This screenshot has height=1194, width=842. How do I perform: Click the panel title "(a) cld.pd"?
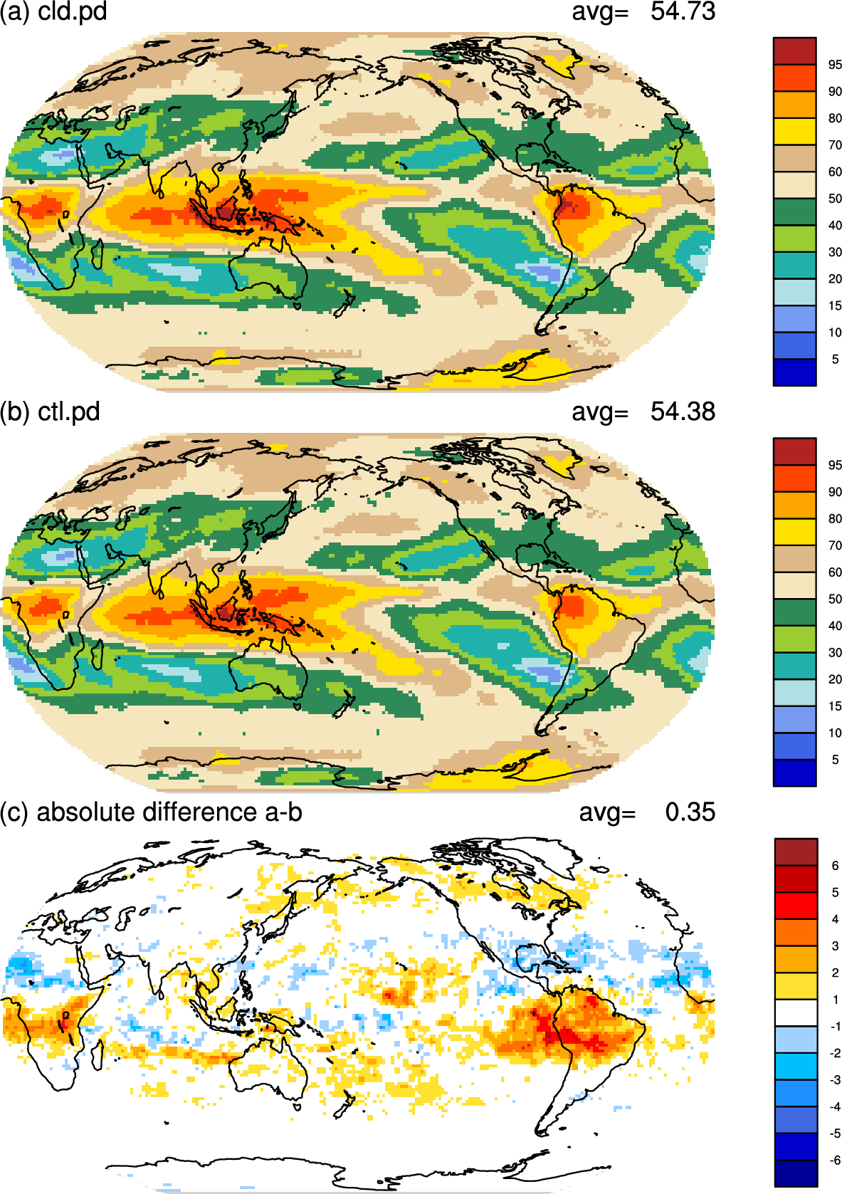click(x=53, y=11)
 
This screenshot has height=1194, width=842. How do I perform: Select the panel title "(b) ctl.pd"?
click(x=50, y=412)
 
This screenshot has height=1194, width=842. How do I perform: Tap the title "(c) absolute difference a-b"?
click(x=151, y=812)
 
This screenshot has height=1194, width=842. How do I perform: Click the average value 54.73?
click(x=683, y=11)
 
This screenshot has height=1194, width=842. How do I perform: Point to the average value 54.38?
click(x=683, y=412)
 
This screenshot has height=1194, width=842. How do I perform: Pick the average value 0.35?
click(x=690, y=812)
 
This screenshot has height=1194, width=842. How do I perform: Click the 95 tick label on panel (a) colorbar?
click(x=835, y=65)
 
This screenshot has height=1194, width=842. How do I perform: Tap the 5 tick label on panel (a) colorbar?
click(x=835, y=360)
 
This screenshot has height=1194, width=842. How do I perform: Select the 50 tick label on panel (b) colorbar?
click(x=835, y=599)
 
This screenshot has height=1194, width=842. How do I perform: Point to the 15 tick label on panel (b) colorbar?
click(x=835, y=706)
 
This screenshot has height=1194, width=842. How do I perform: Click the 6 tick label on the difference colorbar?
click(x=835, y=866)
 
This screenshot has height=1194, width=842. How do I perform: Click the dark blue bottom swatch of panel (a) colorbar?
click(x=794, y=372)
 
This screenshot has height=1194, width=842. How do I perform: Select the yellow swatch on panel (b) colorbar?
click(x=794, y=532)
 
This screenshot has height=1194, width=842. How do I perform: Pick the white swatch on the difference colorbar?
click(x=796, y=1012)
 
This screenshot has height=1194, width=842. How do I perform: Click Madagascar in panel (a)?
click(x=98, y=255)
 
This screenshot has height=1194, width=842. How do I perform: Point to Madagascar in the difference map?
click(x=98, y=1055)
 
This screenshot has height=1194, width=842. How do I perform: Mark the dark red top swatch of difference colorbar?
click(x=796, y=852)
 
